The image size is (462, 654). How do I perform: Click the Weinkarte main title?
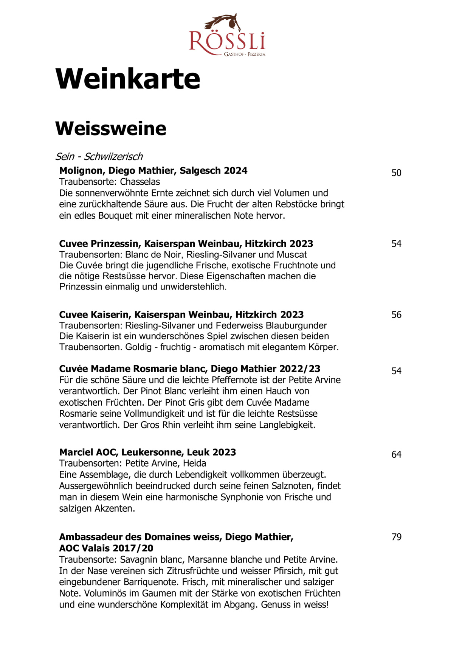[128, 79]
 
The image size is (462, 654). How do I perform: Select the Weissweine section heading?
[111, 128]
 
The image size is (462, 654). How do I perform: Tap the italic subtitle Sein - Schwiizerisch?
[99, 156]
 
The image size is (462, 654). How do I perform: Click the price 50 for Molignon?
[396, 173]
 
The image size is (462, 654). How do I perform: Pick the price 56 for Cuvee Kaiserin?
[396, 315]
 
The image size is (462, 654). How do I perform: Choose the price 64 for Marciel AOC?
[396, 455]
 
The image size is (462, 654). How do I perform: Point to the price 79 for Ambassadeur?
[396, 537]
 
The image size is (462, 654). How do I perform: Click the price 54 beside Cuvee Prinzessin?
[396, 244]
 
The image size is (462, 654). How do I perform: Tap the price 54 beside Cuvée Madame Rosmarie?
[396, 371]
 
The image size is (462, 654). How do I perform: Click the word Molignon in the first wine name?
[81, 171]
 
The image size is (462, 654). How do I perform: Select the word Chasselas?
[140, 182]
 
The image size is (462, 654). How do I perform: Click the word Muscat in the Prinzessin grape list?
[291, 255]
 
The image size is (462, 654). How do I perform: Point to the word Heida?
[195, 463]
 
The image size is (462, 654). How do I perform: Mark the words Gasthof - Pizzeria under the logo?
[245, 54]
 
